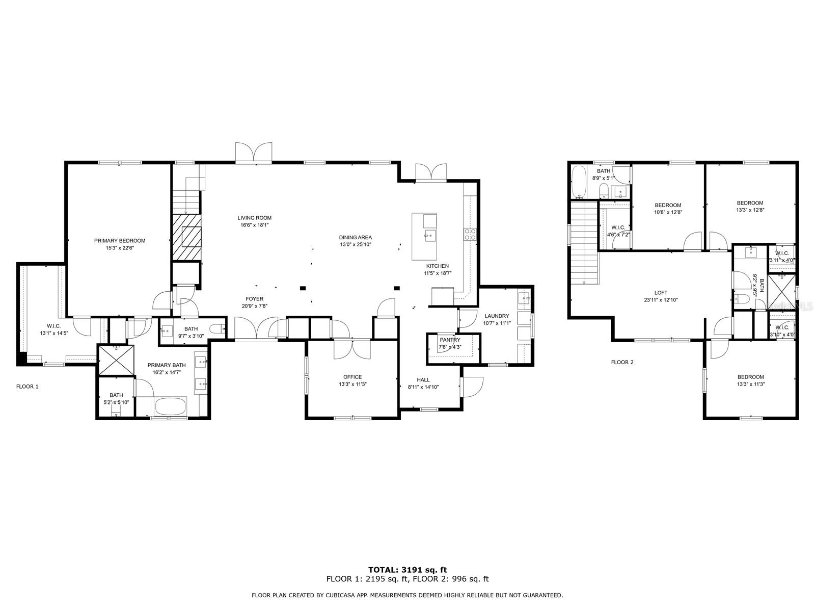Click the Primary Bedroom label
120,241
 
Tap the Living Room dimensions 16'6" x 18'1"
254,225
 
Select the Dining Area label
356,238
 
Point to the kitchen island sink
430,236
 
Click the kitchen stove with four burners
470,234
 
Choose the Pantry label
450,340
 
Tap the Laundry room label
497,316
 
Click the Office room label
352,377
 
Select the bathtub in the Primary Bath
171,406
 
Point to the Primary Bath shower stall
116,360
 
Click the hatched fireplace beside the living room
186,237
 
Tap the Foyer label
254,299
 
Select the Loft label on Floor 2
661,293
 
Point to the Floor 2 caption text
622,362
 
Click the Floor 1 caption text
27,387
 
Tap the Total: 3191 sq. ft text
407,570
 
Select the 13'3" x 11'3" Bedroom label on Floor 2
750,377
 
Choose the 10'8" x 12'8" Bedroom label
668,206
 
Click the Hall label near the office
423,380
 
